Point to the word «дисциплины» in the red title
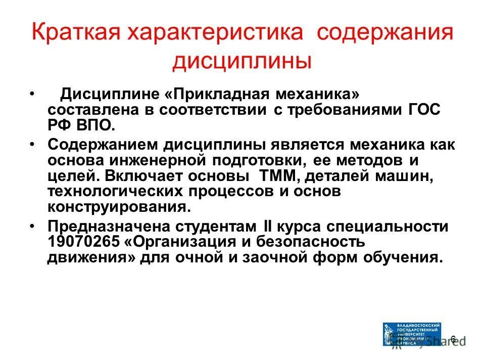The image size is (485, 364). point(242,62)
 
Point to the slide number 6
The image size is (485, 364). point(453,339)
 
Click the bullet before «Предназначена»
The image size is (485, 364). point(32,226)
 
